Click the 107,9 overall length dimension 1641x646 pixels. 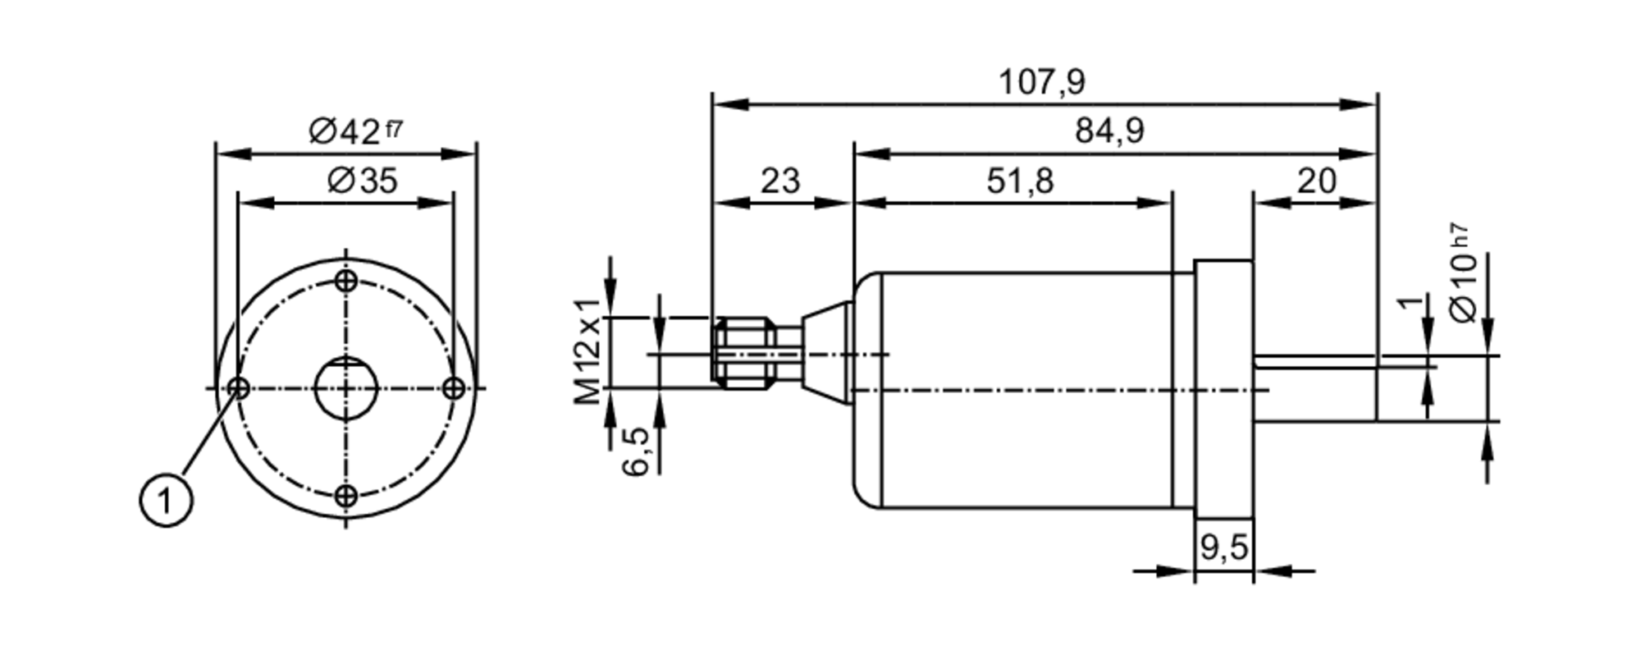coord(1041,83)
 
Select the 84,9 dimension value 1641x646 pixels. coord(1109,131)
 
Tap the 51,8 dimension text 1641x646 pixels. coord(1020,181)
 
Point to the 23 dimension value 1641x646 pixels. coord(779,181)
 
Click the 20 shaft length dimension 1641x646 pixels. coord(1316,181)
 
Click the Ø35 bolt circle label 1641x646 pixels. coord(362,181)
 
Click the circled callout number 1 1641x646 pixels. coord(166,500)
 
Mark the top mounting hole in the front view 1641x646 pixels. coord(346,281)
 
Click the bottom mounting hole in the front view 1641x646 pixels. coord(346,496)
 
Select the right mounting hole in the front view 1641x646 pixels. coord(454,388)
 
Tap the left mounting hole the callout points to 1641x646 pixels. coord(239,388)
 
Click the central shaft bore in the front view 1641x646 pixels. coord(346,388)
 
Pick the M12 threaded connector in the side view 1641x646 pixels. coord(744,354)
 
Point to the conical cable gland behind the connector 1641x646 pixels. coord(827,353)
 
